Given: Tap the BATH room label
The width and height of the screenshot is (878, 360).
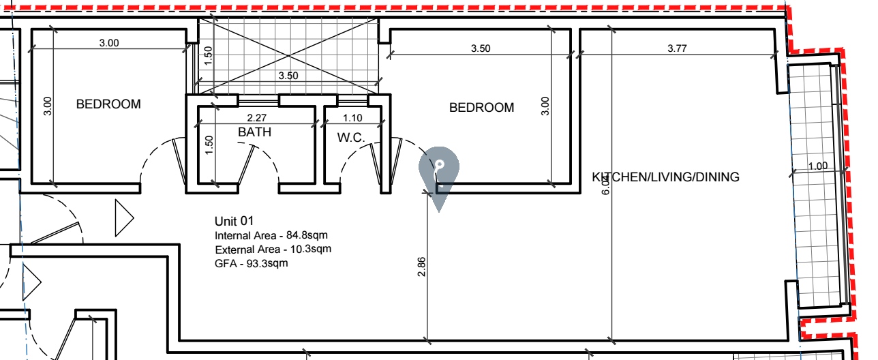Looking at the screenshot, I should tap(254, 132).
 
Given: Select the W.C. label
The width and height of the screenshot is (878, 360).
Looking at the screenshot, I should tap(351, 138).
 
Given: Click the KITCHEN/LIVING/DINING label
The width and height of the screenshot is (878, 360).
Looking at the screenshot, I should tap(665, 177).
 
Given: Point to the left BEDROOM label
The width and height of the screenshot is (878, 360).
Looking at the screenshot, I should tap(108, 104).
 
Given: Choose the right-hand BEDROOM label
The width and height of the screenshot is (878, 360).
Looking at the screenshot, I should tap(481, 108).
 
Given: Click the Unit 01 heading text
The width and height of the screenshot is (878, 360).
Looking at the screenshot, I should tap(234, 222).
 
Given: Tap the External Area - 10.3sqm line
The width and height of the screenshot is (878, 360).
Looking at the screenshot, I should tap(273, 250).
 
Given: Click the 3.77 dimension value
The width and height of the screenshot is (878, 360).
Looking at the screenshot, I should tap(677, 48).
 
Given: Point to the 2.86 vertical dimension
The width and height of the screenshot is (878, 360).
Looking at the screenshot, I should tap(421, 267).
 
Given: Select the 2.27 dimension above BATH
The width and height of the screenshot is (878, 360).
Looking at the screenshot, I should tap(256, 118).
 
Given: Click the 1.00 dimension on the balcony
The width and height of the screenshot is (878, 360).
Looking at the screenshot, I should tap(817, 166).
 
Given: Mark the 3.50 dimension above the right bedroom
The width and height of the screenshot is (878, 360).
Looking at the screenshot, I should tap(480, 48).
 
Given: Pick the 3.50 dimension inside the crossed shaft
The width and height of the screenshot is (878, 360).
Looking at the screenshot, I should tap(288, 76).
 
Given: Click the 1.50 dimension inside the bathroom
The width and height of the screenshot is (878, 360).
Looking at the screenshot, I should tap(209, 145).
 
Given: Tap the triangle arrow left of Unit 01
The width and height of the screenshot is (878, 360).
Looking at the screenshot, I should tap(124, 218).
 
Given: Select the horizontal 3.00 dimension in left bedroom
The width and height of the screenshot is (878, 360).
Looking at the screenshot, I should tap(109, 42).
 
